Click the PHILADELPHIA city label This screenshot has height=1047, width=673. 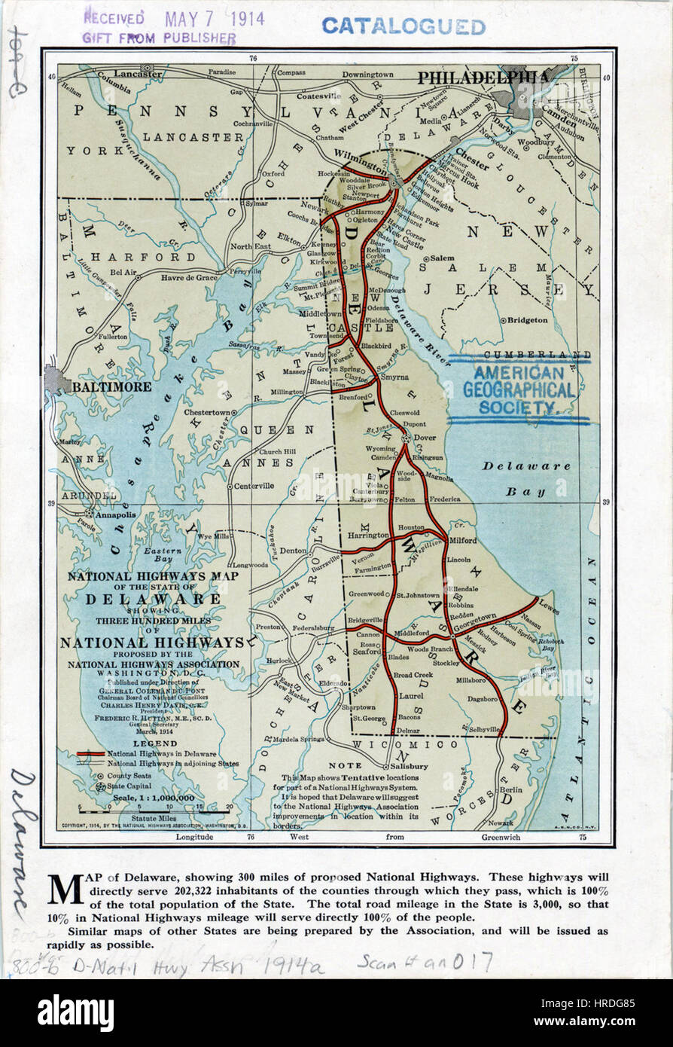tap(483, 77)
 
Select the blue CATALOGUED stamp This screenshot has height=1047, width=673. tap(403, 26)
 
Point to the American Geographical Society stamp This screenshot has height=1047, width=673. tap(519, 390)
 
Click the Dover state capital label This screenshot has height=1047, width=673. tap(426, 437)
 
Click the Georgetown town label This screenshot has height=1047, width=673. tap(474, 616)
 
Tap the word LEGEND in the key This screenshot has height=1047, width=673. tap(155, 743)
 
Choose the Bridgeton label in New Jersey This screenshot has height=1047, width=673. tap(527, 320)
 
